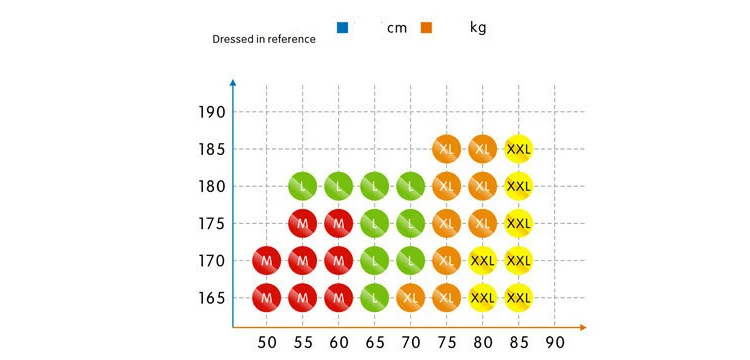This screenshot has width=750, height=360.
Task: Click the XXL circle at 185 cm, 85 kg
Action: point(518,149)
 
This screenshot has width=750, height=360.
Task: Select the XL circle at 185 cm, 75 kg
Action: point(446,149)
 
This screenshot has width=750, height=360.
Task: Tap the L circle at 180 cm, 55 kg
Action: point(302,186)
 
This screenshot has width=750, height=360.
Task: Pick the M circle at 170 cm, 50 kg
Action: point(266,261)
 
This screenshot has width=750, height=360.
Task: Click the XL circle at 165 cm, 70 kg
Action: point(410,298)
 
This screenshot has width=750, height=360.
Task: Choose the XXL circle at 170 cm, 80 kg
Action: point(483,261)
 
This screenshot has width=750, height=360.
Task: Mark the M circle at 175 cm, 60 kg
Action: point(339,223)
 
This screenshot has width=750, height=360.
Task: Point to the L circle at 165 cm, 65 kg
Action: point(375,298)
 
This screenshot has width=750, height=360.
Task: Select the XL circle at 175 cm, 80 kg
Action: point(483,223)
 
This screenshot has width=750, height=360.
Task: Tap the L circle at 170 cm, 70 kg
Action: point(410,261)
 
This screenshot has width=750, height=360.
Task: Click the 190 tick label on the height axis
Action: point(211,113)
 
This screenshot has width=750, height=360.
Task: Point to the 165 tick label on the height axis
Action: point(211,298)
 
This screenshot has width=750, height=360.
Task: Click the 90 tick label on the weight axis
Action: point(555,342)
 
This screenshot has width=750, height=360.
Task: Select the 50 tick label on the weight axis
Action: point(267,342)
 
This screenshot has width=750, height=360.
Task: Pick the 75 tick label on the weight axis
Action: point(447,342)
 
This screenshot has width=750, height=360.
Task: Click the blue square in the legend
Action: point(342,28)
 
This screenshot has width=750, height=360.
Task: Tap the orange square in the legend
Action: point(426,28)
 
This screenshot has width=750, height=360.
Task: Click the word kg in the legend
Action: point(478,28)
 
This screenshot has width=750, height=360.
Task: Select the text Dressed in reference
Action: point(264,39)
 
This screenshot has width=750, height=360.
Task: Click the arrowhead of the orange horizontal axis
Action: point(582,327)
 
